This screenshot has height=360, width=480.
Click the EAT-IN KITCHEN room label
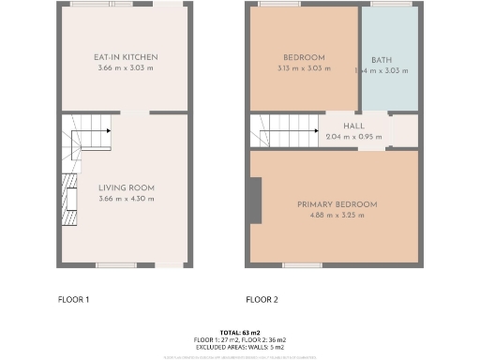coord(126,58)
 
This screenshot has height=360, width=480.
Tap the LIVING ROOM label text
coord(126,187)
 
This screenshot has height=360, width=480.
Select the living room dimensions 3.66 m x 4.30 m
coord(126,199)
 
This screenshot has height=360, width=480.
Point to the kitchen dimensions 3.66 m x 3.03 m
coord(126,69)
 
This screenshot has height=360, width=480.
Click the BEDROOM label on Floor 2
coord(304,57)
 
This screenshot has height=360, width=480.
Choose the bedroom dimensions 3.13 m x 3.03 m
coord(304,68)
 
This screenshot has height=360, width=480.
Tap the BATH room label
coord(382,60)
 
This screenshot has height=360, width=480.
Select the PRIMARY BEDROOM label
coord(337,204)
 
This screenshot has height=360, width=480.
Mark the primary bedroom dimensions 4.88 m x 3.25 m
coord(337,216)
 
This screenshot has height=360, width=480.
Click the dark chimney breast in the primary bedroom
coord(256,201)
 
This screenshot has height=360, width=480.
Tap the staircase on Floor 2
coord(286,130)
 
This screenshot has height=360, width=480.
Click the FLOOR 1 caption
coord(73,300)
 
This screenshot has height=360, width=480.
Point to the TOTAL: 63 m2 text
coord(239,332)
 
